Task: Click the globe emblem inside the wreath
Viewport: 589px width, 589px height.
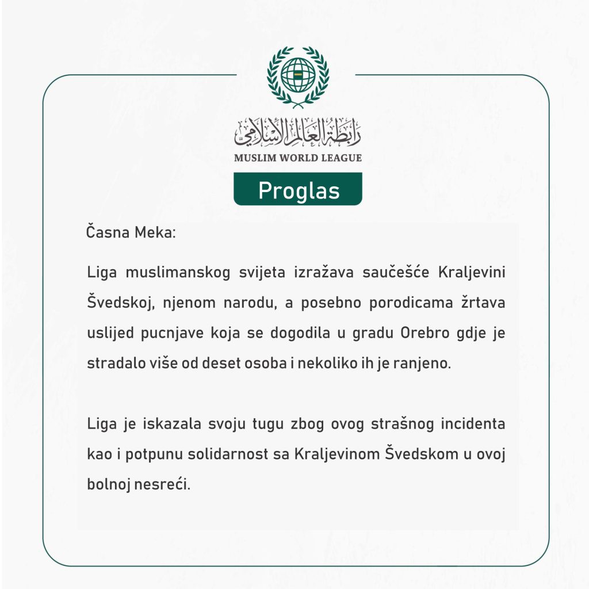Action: click(298, 75)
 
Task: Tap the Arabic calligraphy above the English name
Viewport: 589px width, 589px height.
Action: click(298, 132)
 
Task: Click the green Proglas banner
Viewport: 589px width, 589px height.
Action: click(298, 190)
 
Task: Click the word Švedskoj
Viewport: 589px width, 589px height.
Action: click(121, 303)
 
